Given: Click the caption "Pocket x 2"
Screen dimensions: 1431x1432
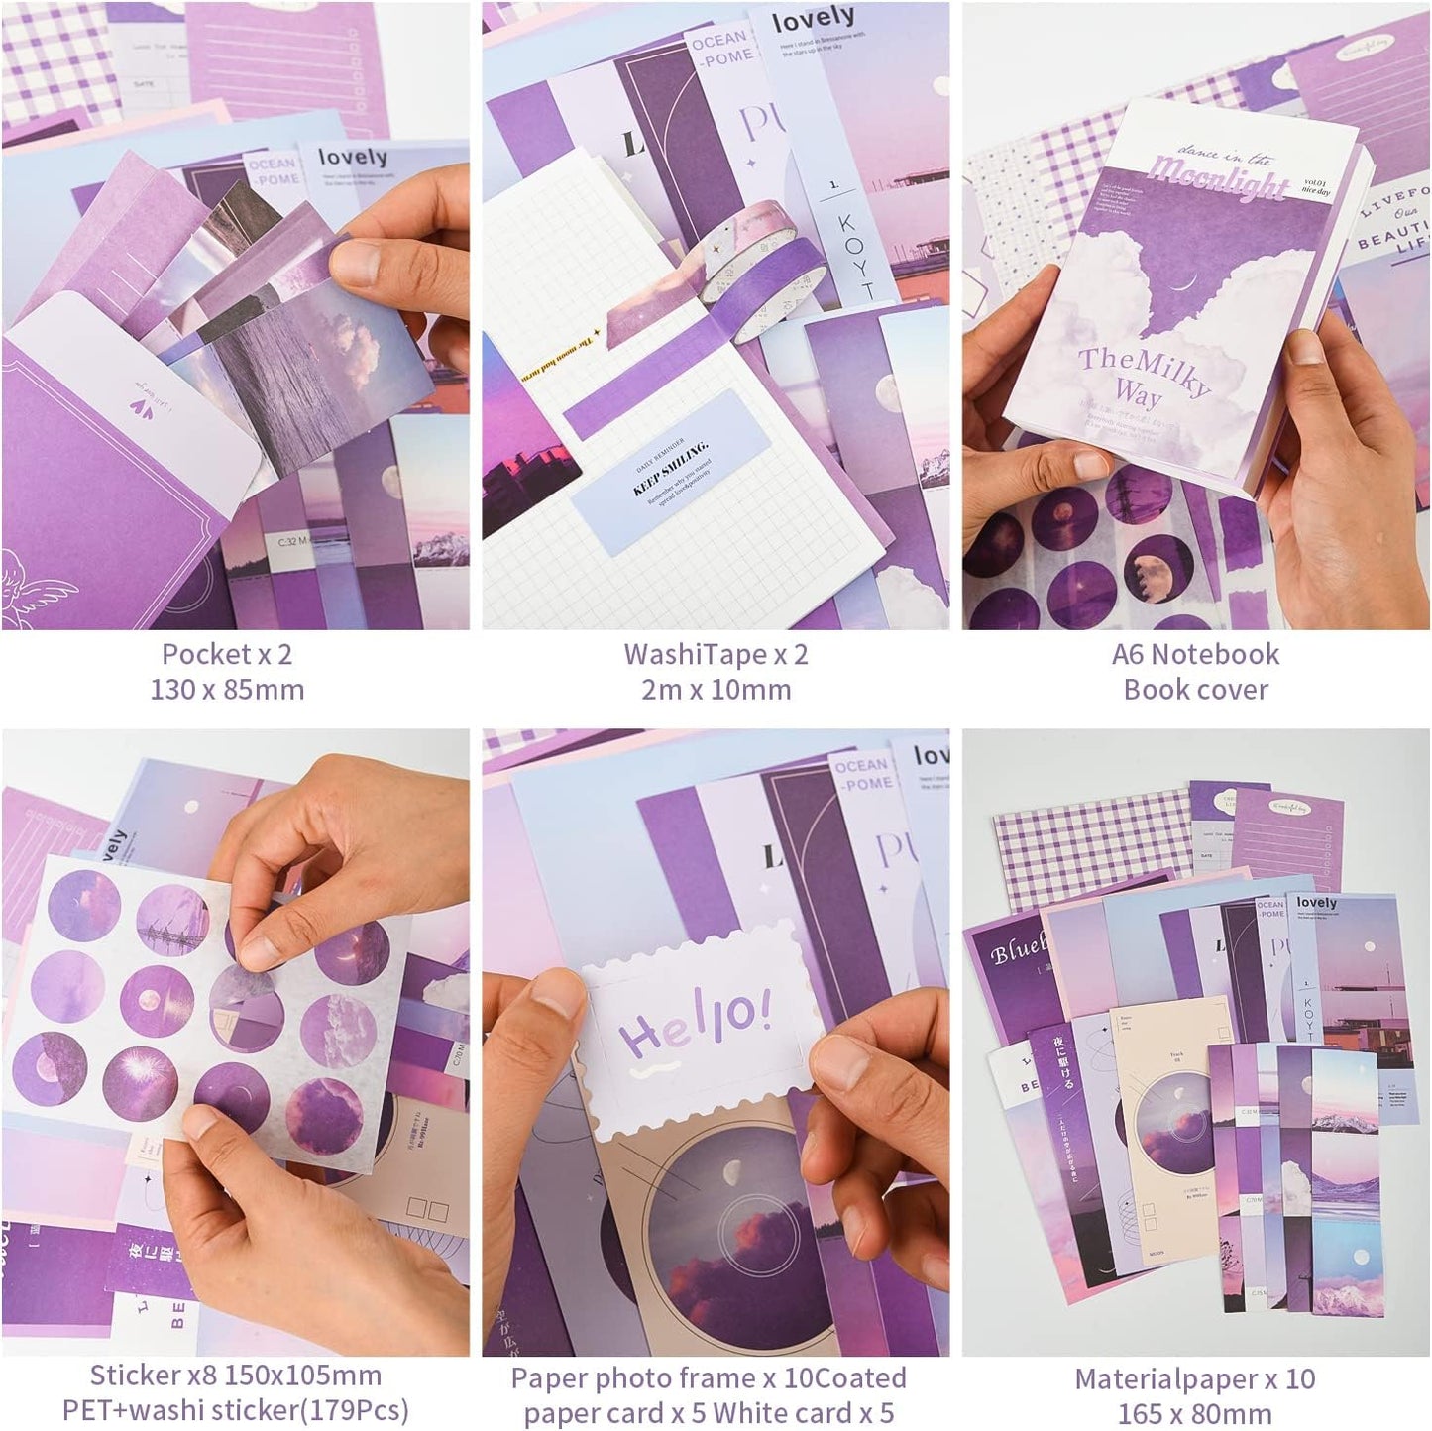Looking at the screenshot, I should point(227,654).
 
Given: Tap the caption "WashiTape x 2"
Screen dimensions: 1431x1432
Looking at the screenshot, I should point(716,654).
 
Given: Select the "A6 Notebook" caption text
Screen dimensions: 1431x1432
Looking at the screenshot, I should point(1195,654).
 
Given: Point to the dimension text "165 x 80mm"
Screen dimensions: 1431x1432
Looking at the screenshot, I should point(1195,1413).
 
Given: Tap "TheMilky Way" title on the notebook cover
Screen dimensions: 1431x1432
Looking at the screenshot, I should point(1146,372).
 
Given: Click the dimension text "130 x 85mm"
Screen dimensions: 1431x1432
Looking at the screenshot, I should point(227,690).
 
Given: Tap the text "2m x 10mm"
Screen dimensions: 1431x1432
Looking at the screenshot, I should point(716,690).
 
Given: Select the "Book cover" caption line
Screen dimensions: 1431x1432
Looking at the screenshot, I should point(1195,690).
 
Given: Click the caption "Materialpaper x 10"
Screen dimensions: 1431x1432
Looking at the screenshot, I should point(1195,1378).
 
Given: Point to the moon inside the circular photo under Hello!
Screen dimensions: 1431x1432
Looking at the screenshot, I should point(728,1172).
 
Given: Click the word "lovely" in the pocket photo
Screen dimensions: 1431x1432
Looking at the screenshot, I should point(352,158).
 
